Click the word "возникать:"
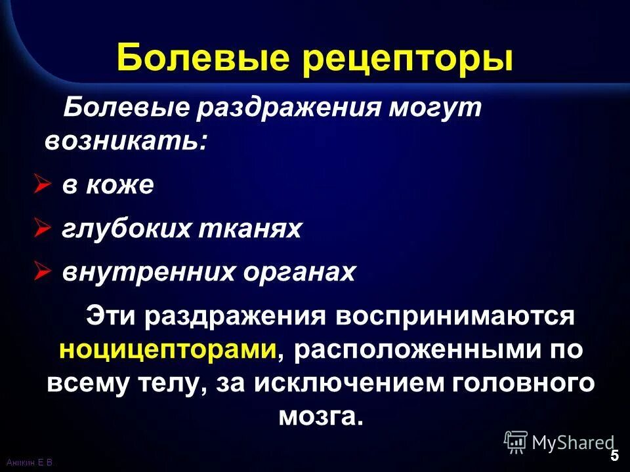coord(125,142)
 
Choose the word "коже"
coord(119,186)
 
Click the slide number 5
coord(614,456)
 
